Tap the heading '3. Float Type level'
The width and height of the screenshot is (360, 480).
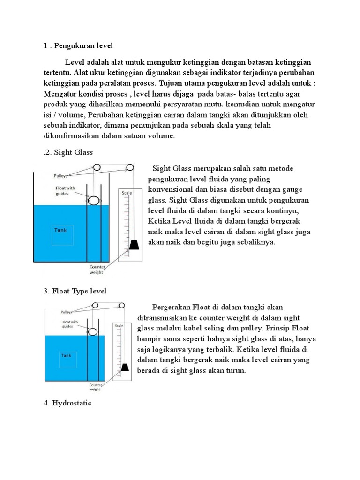[x=75, y=291]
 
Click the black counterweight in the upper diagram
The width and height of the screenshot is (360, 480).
[x=134, y=245]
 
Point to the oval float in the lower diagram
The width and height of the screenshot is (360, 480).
[x=93, y=332]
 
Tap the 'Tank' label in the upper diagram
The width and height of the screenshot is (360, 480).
[x=60, y=230]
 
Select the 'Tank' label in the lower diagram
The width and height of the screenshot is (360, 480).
[x=66, y=355]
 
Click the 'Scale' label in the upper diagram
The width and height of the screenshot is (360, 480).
[x=127, y=193]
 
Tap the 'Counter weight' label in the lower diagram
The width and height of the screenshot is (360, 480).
[x=95, y=387]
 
